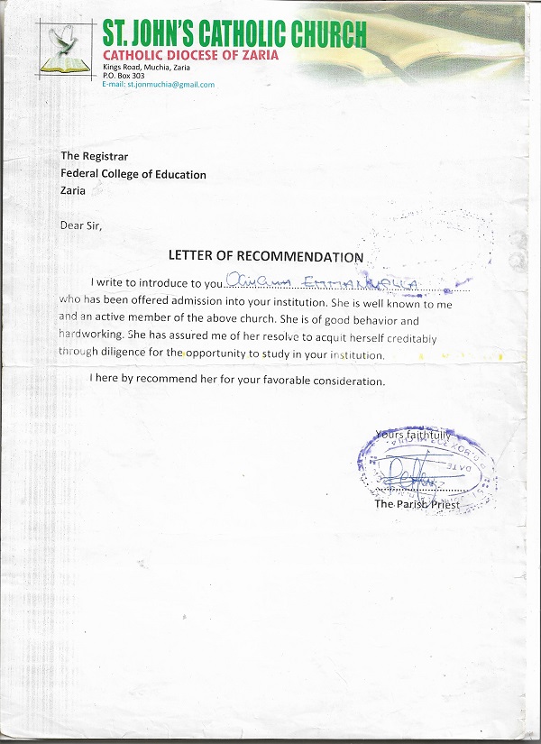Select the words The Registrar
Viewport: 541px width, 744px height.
point(91,156)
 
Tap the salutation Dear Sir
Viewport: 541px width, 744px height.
point(81,225)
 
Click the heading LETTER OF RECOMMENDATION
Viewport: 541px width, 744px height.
point(266,257)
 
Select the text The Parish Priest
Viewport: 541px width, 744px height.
point(417,504)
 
